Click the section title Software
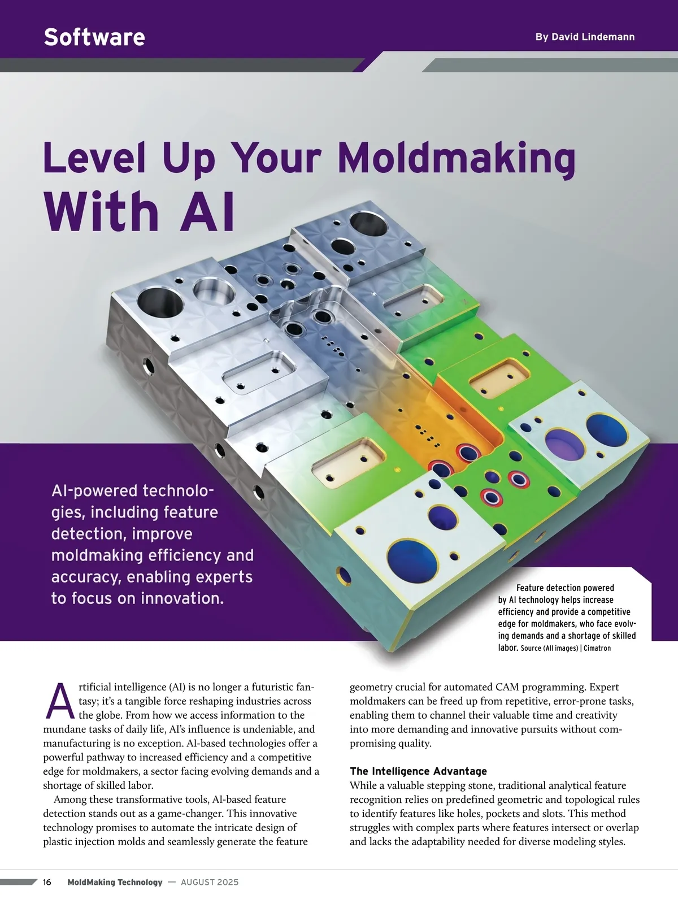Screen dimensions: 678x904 (x=94, y=37)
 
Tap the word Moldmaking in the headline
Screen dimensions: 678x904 (x=457, y=159)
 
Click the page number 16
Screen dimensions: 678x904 (x=47, y=882)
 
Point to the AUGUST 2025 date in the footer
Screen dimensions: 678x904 (x=210, y=882)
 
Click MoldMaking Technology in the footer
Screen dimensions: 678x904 (x=115, y=882)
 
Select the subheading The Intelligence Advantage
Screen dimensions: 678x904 (x=418, y=771)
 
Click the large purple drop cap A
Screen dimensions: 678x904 (x=60, y=701)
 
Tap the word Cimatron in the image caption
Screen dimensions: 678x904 (x=597, y=648)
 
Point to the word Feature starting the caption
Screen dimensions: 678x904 (x=532, y=588)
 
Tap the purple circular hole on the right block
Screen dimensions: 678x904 (x=565, y=444)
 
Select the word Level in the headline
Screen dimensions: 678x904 (x=95, y=158)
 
